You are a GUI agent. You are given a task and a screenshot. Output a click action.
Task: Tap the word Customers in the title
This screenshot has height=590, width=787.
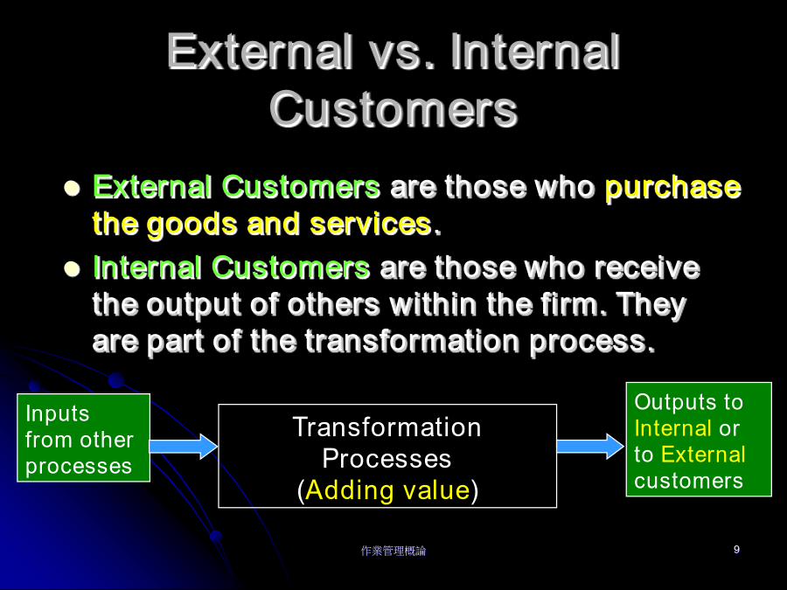[x=393, y=110]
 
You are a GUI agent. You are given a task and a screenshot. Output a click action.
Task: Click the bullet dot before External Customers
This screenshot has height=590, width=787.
[x=73, y=188]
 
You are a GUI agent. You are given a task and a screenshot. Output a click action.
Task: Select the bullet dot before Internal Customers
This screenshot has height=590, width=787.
[x=73, y=268]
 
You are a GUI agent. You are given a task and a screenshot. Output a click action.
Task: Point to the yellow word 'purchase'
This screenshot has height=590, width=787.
[x=673, y=189]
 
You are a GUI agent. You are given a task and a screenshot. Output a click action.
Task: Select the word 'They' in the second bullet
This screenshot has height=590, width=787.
[x=651, y=306]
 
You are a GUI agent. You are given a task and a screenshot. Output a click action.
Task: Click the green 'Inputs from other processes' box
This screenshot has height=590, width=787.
[x=83, y=438]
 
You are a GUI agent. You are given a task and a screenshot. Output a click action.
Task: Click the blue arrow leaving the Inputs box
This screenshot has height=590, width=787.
[x=184, y=447]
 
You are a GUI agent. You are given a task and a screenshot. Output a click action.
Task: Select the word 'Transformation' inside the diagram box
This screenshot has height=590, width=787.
[x=387, y=427]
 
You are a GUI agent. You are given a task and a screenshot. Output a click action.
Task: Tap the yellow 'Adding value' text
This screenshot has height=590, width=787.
[x=387, y=490]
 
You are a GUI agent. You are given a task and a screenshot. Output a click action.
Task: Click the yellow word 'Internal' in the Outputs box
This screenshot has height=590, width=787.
[x=672, y=428]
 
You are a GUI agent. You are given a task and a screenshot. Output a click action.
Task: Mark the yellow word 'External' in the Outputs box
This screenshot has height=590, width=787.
[x=703, y=455]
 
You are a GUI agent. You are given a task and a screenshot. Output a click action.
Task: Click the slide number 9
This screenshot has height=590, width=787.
[x=736, y=550]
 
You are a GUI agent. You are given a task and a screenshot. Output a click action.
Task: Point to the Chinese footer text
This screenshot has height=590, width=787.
[x=393, y=551]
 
